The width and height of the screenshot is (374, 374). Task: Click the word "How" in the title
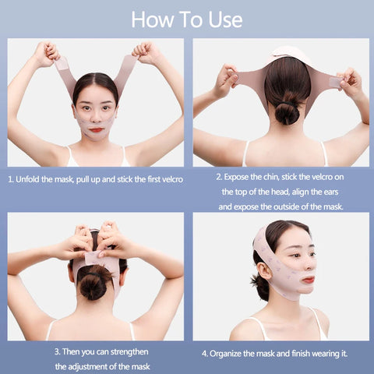[153, 19]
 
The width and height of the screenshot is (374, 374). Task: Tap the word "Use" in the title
[225, 19]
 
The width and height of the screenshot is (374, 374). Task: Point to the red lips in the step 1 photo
[97, 129]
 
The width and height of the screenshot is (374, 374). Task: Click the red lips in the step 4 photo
[309, 280]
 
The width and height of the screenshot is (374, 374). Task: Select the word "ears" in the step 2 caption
[330, 192]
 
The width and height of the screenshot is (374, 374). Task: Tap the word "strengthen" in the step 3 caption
[129, 352]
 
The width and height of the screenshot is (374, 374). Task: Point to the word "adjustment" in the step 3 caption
[86, 367]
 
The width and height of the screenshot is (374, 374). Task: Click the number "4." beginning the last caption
[205, 354]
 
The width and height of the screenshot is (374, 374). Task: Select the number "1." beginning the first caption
[11, 179]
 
